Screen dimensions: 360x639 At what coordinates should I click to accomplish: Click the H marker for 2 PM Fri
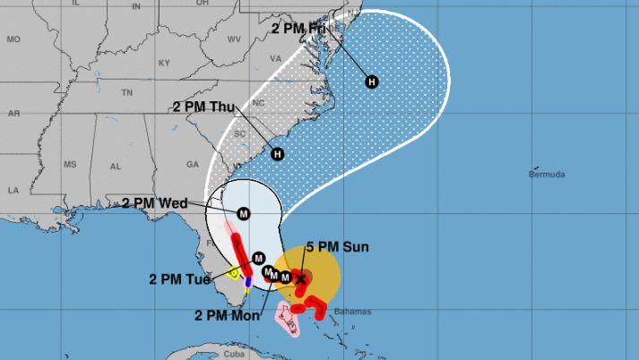pos(372,82)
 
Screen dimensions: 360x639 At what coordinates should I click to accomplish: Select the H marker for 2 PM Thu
pos(277,154)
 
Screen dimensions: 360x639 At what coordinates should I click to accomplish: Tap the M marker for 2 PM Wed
pos(244,213)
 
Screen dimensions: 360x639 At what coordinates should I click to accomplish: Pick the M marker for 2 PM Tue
pos(258,257)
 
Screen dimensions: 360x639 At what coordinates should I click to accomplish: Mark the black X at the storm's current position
pos(301,279)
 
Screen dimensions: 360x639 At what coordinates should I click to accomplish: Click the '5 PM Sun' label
pos(332,246)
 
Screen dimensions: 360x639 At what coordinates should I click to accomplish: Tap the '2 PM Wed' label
pos(154,203)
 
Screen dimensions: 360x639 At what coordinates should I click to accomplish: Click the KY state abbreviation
pos(163,63)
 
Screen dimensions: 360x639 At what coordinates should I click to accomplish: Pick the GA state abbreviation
pos(191,164)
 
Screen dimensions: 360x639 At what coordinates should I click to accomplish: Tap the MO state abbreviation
pos(13,39)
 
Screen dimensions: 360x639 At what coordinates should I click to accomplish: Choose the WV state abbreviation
pos(235,39)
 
